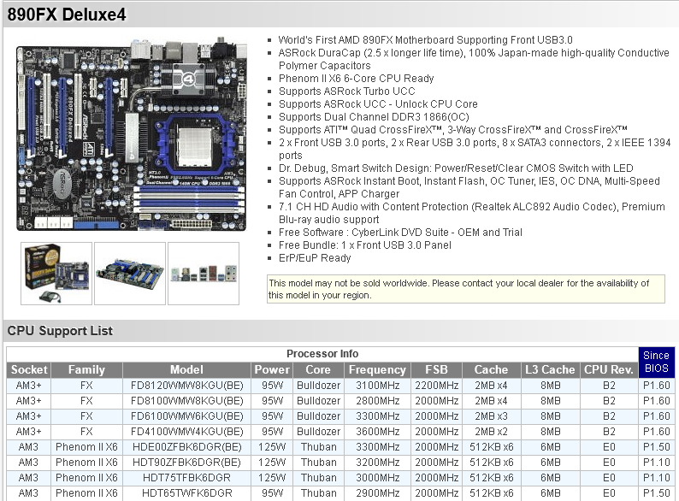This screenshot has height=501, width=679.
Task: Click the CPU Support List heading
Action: click(60, 331)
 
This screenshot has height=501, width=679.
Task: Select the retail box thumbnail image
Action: click(56, 272)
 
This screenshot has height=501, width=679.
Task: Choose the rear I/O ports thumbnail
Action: click(204, 272)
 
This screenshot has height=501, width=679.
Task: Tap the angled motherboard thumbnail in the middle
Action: click(129, 272)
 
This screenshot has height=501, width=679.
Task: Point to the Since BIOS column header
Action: click(656, 362)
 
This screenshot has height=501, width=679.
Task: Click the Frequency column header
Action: click(376, 369)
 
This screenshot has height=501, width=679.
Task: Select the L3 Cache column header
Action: click(550, 369)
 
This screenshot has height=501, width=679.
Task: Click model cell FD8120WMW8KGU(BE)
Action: click(186, 385)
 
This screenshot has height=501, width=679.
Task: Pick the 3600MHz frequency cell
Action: click(376, 431)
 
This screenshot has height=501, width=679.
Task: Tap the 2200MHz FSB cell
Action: click(435, 385)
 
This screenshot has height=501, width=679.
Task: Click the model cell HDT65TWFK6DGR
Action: click(186, 492)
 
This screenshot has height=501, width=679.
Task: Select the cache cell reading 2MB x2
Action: click(491, 431)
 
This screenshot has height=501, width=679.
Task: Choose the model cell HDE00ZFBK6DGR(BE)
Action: click(186, 446)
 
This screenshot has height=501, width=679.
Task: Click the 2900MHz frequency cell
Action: click(376, 492)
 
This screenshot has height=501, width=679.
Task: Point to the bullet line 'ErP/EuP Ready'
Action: click(315, 257)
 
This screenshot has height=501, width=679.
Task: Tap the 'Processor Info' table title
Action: click(322, 353)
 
